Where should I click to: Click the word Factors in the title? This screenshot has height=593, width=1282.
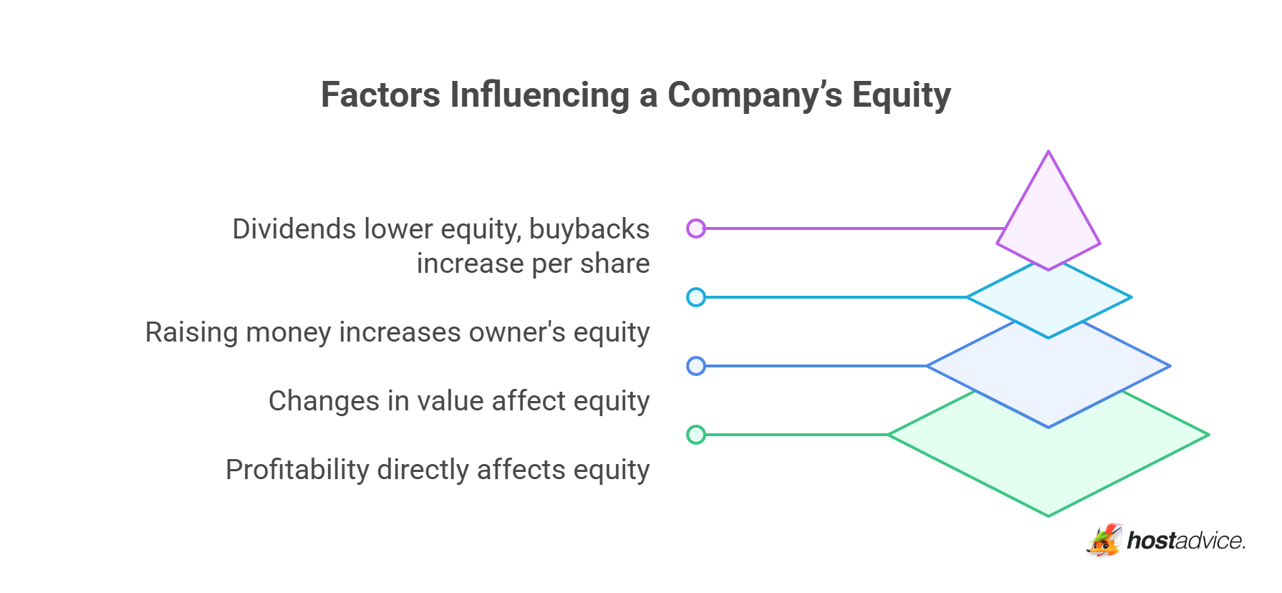coord(380,95)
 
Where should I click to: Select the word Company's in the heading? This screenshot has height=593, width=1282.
coord(755,95)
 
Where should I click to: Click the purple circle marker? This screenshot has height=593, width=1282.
coord(695,228)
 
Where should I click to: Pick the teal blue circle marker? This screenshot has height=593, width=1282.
coord(695,297)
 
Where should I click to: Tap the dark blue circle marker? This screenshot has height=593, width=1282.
coord(695,366)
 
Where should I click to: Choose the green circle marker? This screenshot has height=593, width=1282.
coord(695,435)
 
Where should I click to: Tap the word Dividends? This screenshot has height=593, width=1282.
coord(294,229)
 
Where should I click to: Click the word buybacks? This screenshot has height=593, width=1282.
coord(589,229)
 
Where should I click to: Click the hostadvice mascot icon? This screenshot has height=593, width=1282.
coord(1104,540)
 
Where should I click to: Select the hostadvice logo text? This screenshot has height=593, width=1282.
coord(1186,541)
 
